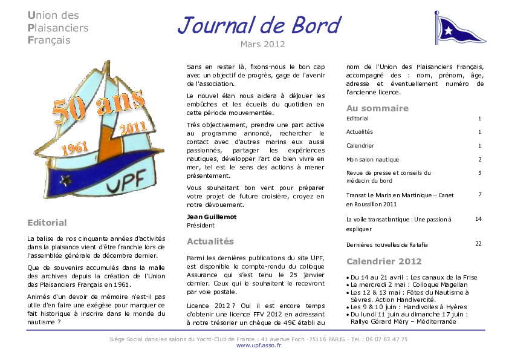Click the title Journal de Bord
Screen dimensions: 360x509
259,25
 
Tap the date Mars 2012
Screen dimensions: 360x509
262,44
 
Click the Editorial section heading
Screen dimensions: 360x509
47,223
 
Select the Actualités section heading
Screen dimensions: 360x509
210,241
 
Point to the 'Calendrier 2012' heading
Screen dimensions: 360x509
384,261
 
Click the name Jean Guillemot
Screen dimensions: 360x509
212,217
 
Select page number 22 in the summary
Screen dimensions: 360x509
478,243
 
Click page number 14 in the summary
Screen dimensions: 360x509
478,218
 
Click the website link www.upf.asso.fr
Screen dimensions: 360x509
254,345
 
